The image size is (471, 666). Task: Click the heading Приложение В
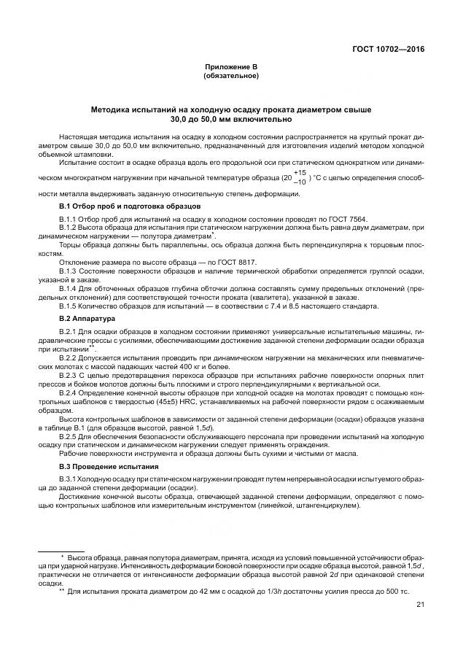coord(230,67)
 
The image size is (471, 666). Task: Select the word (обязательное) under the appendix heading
coord(230,75)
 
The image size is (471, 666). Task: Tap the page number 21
coord(420,604)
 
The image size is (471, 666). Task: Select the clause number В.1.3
coord(69,271)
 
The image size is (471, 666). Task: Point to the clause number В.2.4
coord(69,392)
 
